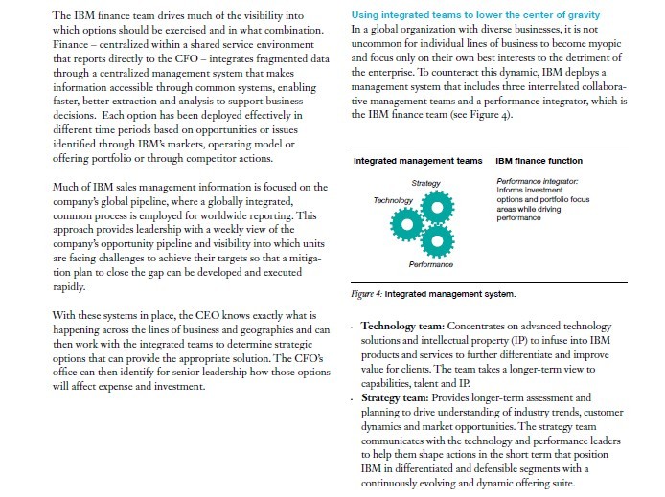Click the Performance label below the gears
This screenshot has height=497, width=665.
(430, 264)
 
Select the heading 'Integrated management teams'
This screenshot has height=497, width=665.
(418, 160)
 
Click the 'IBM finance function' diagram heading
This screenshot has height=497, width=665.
(539, 160)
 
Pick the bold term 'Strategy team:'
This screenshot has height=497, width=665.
(400, 395)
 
